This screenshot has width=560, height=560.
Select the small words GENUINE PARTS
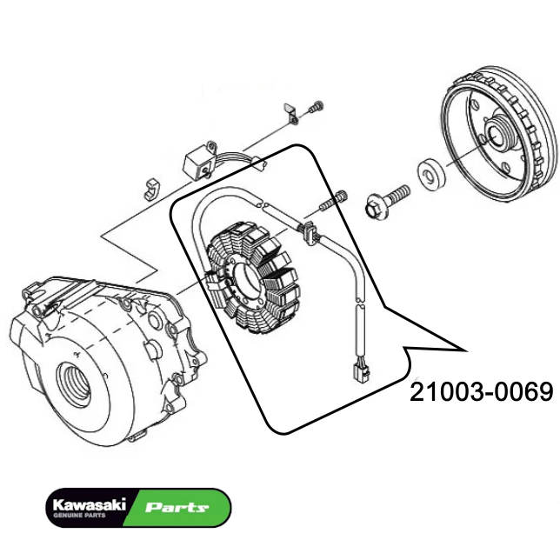click(x=79, y=516)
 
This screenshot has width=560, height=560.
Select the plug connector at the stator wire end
click(x=358, y=373)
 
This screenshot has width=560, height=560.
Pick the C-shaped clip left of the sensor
click(x=153, y=187)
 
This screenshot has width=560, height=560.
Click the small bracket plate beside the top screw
click(x=291, y=112)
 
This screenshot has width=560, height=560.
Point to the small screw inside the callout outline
click(x=333, y=203)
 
